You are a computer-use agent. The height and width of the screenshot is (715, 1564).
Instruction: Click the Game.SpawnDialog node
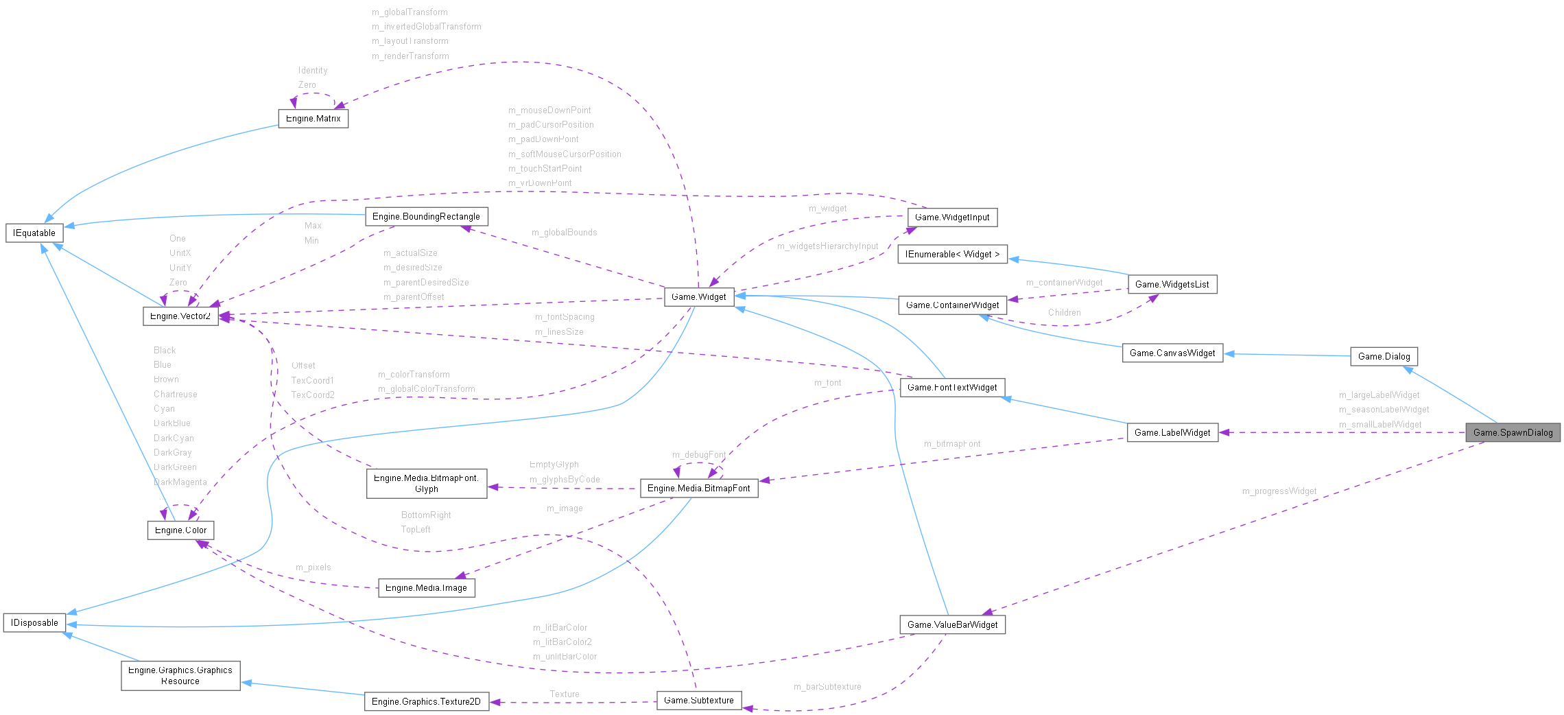[1513, 432]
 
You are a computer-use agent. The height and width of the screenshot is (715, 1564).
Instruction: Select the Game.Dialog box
[1384, 356]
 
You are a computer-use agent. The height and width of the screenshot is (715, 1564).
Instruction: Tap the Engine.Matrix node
[313, 119]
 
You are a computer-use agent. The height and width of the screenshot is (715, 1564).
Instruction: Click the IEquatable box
[34, 233]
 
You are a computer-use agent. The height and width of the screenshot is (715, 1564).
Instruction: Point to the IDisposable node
[34, 622]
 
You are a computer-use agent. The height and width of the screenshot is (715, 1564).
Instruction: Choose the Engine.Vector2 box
[180, 316]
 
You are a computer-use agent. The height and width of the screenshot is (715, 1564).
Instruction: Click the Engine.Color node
[180, 530]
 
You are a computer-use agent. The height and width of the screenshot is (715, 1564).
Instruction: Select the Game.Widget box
[698, 296]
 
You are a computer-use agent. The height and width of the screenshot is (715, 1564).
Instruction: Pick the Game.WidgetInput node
[952, 217]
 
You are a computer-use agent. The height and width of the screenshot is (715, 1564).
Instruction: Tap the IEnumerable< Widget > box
[952, 254]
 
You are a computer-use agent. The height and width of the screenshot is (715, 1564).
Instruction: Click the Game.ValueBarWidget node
[952, 624]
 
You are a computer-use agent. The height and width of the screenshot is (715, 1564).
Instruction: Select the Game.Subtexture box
[698, 700]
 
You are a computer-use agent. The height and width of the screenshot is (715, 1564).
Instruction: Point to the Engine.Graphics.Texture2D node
[426, 701]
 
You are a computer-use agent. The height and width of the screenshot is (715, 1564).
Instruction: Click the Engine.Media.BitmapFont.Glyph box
[426, 483]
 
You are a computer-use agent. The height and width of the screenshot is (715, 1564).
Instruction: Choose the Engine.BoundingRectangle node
[426, 216]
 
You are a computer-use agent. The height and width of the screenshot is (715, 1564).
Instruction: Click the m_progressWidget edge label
[1279, 491]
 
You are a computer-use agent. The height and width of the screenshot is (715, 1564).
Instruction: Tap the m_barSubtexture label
[827, 686]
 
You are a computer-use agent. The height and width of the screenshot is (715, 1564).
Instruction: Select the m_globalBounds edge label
[564, 232]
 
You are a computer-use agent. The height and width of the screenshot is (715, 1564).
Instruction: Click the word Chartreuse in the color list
[175, 394]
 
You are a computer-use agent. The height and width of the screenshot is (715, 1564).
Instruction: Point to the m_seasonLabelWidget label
[1384, 409]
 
